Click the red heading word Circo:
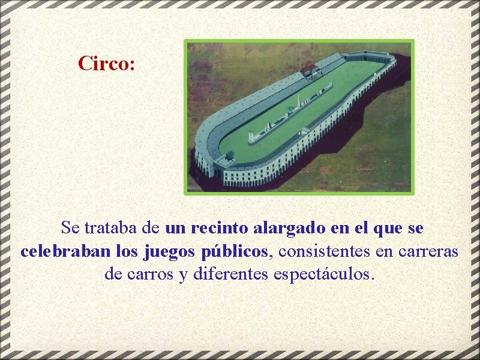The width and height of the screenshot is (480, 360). click(106, 63)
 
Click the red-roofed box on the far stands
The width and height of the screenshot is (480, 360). click(310, 70)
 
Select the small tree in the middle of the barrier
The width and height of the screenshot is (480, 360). click(291, 110)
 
